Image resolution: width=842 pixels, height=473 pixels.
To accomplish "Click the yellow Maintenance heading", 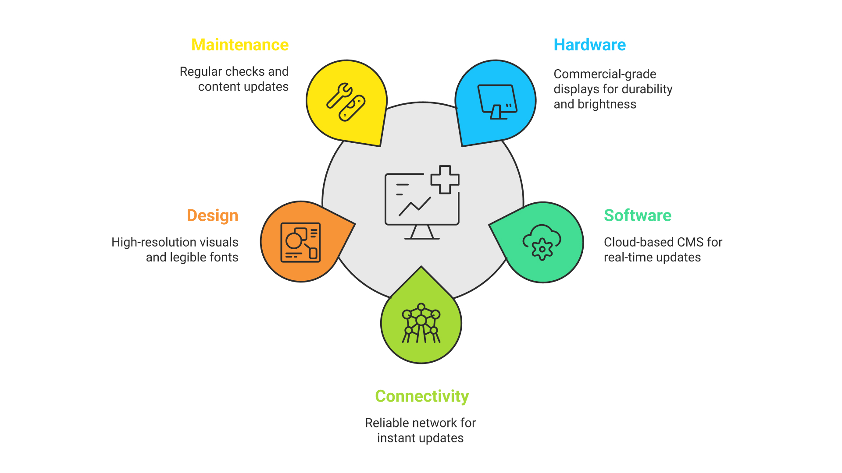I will point(240,45).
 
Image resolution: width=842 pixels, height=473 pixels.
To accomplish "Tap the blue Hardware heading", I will point(589,45).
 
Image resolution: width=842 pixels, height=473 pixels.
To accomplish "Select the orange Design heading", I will point(212,215).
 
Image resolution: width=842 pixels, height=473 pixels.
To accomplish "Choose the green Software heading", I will point(637,215).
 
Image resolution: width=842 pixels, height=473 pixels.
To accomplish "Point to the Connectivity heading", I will point(422,396).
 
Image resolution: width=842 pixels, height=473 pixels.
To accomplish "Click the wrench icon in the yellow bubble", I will point(346,102).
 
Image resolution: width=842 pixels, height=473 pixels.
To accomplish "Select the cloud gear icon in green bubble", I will point(542,243).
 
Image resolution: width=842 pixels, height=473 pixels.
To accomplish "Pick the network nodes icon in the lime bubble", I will point(421,323).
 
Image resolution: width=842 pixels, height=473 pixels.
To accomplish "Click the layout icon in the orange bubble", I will point(301,242).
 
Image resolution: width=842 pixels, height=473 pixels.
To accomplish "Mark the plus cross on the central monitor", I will point(445,180).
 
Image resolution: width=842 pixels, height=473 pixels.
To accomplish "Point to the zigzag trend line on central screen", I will point(414,206).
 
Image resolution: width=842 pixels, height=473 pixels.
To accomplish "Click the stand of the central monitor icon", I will point(422,233).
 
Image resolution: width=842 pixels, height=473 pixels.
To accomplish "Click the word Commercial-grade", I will point(605,74).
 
